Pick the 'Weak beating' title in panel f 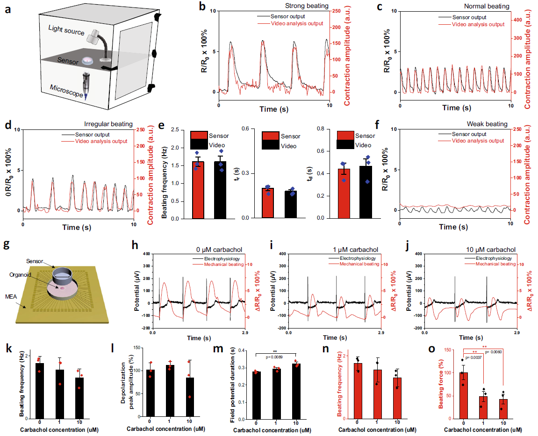[487, 124]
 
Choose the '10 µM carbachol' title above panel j [486, 249]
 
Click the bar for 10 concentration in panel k [79, 398]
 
